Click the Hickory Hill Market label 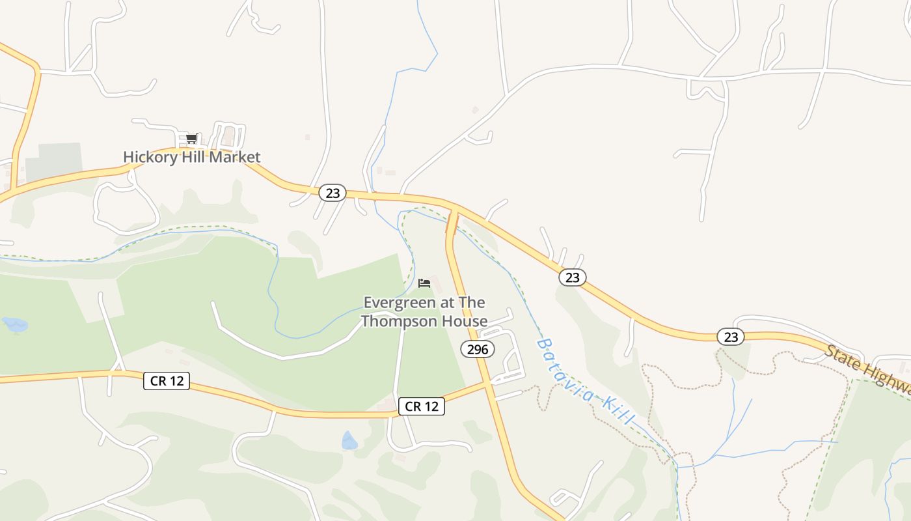(x=191, y=157)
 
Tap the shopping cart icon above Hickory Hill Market (x=191, y=138)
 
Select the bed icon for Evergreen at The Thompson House (x=424, y=283)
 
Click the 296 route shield (x=478, y=349)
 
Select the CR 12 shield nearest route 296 (x=422, y=406)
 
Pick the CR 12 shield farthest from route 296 (x=167, y=381)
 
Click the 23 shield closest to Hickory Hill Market (x=333, y=193)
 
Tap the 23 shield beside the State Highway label (x=731, y=337)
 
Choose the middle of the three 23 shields (x=572, y=277)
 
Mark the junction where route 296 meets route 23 (x=454, y=211)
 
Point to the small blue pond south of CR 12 (x=349, y=442)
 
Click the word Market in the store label (x=238, y=157)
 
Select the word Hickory (x=145, y=157)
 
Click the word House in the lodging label (x=470, y=321)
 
